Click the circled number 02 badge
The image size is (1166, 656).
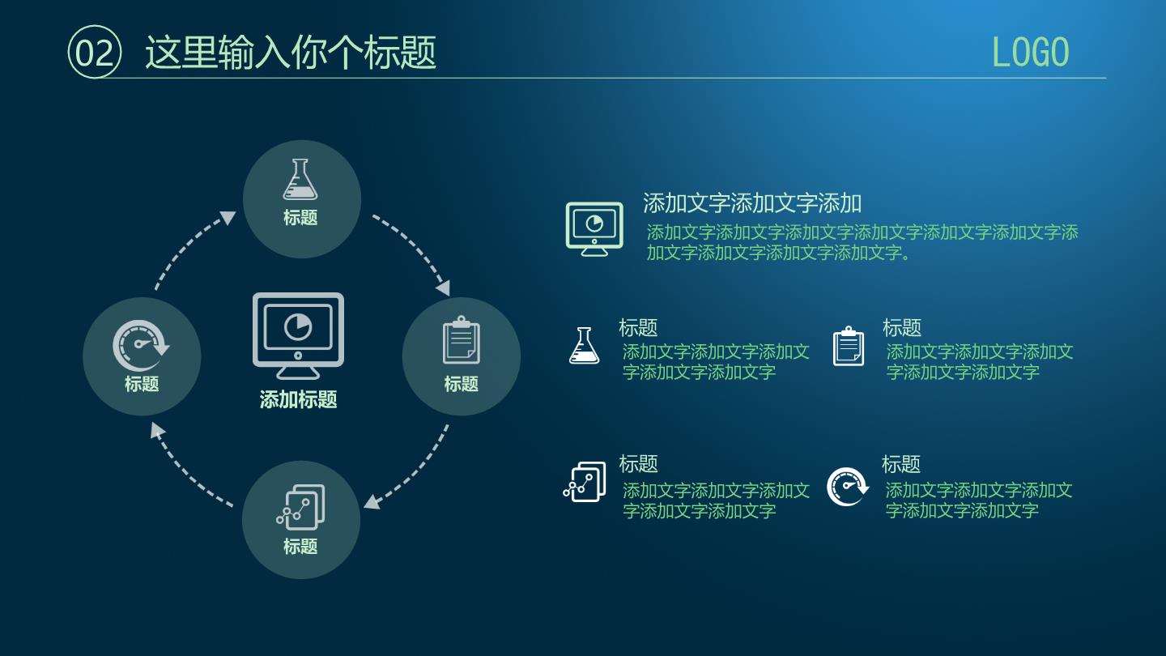(x=95, y=52)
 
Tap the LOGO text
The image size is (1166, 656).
(x=1030, y=53)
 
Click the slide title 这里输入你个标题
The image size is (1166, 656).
(x=291, y=53)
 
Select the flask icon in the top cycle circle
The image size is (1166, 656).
(x=300, y=180)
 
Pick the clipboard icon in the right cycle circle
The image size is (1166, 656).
(x=462, y=340)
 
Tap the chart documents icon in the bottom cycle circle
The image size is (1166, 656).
(x=301, y=507)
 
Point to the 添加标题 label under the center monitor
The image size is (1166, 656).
(x=298, y=400)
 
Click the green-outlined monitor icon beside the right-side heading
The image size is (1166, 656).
(x=594, y=229)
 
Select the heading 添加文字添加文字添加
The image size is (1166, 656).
(x=752, y=203)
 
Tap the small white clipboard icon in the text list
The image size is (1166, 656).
(x=849, y=347)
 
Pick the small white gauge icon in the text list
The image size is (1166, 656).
(x=848, y=487)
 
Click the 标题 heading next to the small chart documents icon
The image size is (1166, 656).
(x=638, y=464)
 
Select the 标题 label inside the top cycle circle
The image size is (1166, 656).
(x=300, y=218)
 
